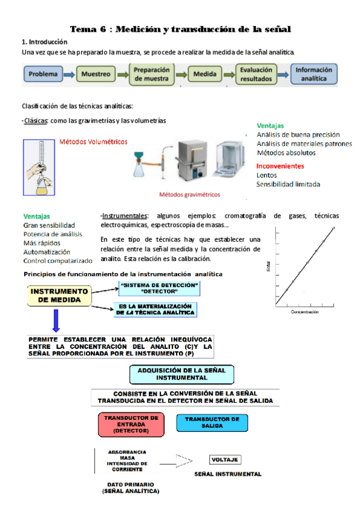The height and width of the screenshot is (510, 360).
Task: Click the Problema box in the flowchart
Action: click(43, 74)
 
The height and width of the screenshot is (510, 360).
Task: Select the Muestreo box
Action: click(96, 74)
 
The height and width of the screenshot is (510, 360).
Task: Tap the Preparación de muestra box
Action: click(151, 74)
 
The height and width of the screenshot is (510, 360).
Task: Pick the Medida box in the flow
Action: click(205, 74)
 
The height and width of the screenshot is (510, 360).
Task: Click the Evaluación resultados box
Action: click(256, 74)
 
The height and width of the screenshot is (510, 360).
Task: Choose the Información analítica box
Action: click(314, 74)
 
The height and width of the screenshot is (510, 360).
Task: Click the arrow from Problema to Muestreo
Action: click(69, 75)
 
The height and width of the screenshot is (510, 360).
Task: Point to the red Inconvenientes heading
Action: click(280, 166)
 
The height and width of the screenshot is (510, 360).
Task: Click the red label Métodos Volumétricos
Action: click(93, 142)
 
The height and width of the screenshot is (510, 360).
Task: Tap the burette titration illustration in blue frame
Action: click(39, 168)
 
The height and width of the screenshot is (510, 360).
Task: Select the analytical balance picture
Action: click(230, 159)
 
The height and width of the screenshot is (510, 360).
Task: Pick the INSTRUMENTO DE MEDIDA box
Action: click(59, 296)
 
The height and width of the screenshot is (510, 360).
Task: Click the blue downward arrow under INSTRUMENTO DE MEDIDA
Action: click(56, 321)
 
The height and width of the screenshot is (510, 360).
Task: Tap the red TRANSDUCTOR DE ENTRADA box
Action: click(131, 425)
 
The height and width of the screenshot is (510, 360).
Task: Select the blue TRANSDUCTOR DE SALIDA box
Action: click(212, 423)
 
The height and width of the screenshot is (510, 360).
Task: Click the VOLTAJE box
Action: click(225, 459)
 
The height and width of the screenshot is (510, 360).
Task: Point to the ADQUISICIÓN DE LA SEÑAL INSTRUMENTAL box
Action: click(182, 374)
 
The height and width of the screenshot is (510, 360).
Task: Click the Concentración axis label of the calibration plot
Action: click(305, 312)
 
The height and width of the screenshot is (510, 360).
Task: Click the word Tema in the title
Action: click(84, 29)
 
